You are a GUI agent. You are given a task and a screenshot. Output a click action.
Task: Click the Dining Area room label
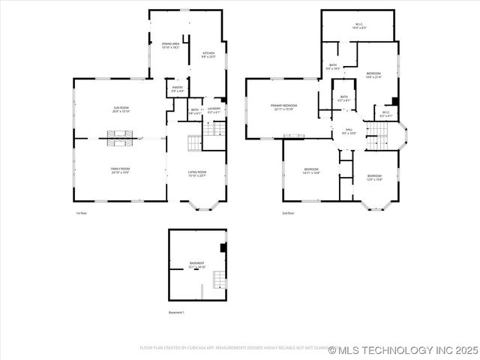click(x=171, y=46)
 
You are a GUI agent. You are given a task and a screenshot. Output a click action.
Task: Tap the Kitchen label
click(x=208, y=55)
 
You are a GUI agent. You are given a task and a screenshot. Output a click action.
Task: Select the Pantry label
click(x=178, y=89)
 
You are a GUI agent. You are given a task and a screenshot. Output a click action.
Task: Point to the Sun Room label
click(x=121, y=109)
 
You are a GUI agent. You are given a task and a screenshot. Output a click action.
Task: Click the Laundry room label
click(x=214, y=111)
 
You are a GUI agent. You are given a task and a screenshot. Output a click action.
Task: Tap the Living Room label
click(x=197, y=175)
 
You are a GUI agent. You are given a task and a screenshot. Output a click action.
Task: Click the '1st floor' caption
click(x=81, y=214)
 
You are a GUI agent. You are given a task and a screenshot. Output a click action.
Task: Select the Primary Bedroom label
click(x=285, y=107)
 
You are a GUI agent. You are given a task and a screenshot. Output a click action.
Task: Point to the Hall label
click(x=349, y=131)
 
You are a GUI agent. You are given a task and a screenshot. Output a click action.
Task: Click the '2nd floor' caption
click(x=287, y=214)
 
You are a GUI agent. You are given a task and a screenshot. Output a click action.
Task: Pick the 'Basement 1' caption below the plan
click(x=177, y=312)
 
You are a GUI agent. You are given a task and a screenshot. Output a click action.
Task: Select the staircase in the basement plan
click(x=219, y=279)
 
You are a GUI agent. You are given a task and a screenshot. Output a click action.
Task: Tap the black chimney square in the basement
click(x=223, y=247)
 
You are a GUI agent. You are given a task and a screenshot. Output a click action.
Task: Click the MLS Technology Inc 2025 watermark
click(x=403, y=349)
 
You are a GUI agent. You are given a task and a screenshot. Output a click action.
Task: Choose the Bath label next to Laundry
click(x=194, y=111)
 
